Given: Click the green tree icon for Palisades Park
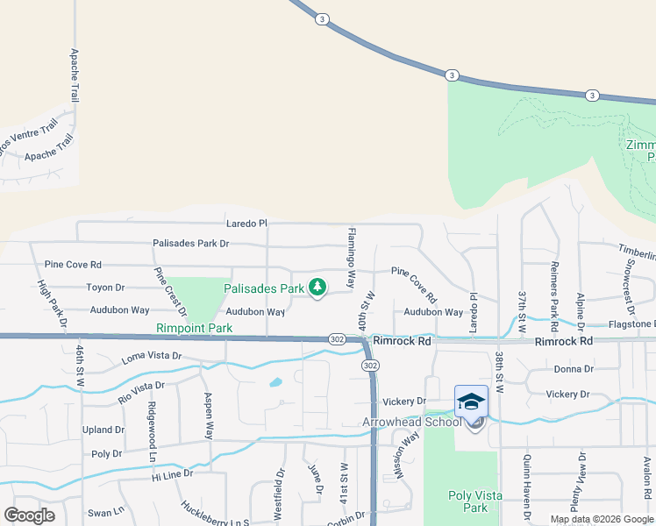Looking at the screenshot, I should [317, 288].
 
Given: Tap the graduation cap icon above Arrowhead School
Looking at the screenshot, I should [471, 402].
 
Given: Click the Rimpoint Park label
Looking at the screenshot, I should [195, 328].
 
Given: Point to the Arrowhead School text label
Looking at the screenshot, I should [412, 422].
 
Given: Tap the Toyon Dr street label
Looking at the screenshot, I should [105, 288].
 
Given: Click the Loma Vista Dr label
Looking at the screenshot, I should [151, 357].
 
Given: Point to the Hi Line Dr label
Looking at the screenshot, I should [170, 473].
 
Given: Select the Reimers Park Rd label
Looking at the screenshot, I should [554, 289].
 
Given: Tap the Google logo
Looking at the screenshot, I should [30, 515].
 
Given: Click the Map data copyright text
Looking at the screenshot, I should [601, 519].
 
